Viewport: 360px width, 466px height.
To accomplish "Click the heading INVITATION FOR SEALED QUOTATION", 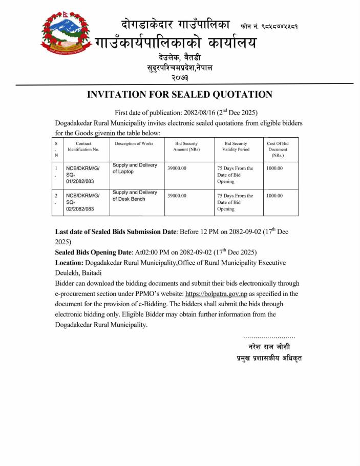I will click(x=179, y=95).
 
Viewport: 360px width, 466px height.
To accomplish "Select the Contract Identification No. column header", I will click(x=83, y=146).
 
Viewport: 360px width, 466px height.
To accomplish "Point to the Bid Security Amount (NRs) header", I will click(x=186, y=146).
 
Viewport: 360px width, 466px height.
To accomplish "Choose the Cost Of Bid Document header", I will click(x=278, y=149).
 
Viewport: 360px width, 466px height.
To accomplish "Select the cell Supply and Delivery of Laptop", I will click(x=135, y=168).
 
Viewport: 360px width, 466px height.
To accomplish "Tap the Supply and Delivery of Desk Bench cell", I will click(x=135, y=196).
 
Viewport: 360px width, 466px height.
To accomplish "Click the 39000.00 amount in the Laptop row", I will click(x=177, y=168).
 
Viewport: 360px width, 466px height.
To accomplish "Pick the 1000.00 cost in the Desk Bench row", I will click(x=274, y=196).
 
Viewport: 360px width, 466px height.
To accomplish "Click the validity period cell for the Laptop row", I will click(x=235, y=175).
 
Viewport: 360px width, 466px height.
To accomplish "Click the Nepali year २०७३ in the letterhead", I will click(x=179, y=78).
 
